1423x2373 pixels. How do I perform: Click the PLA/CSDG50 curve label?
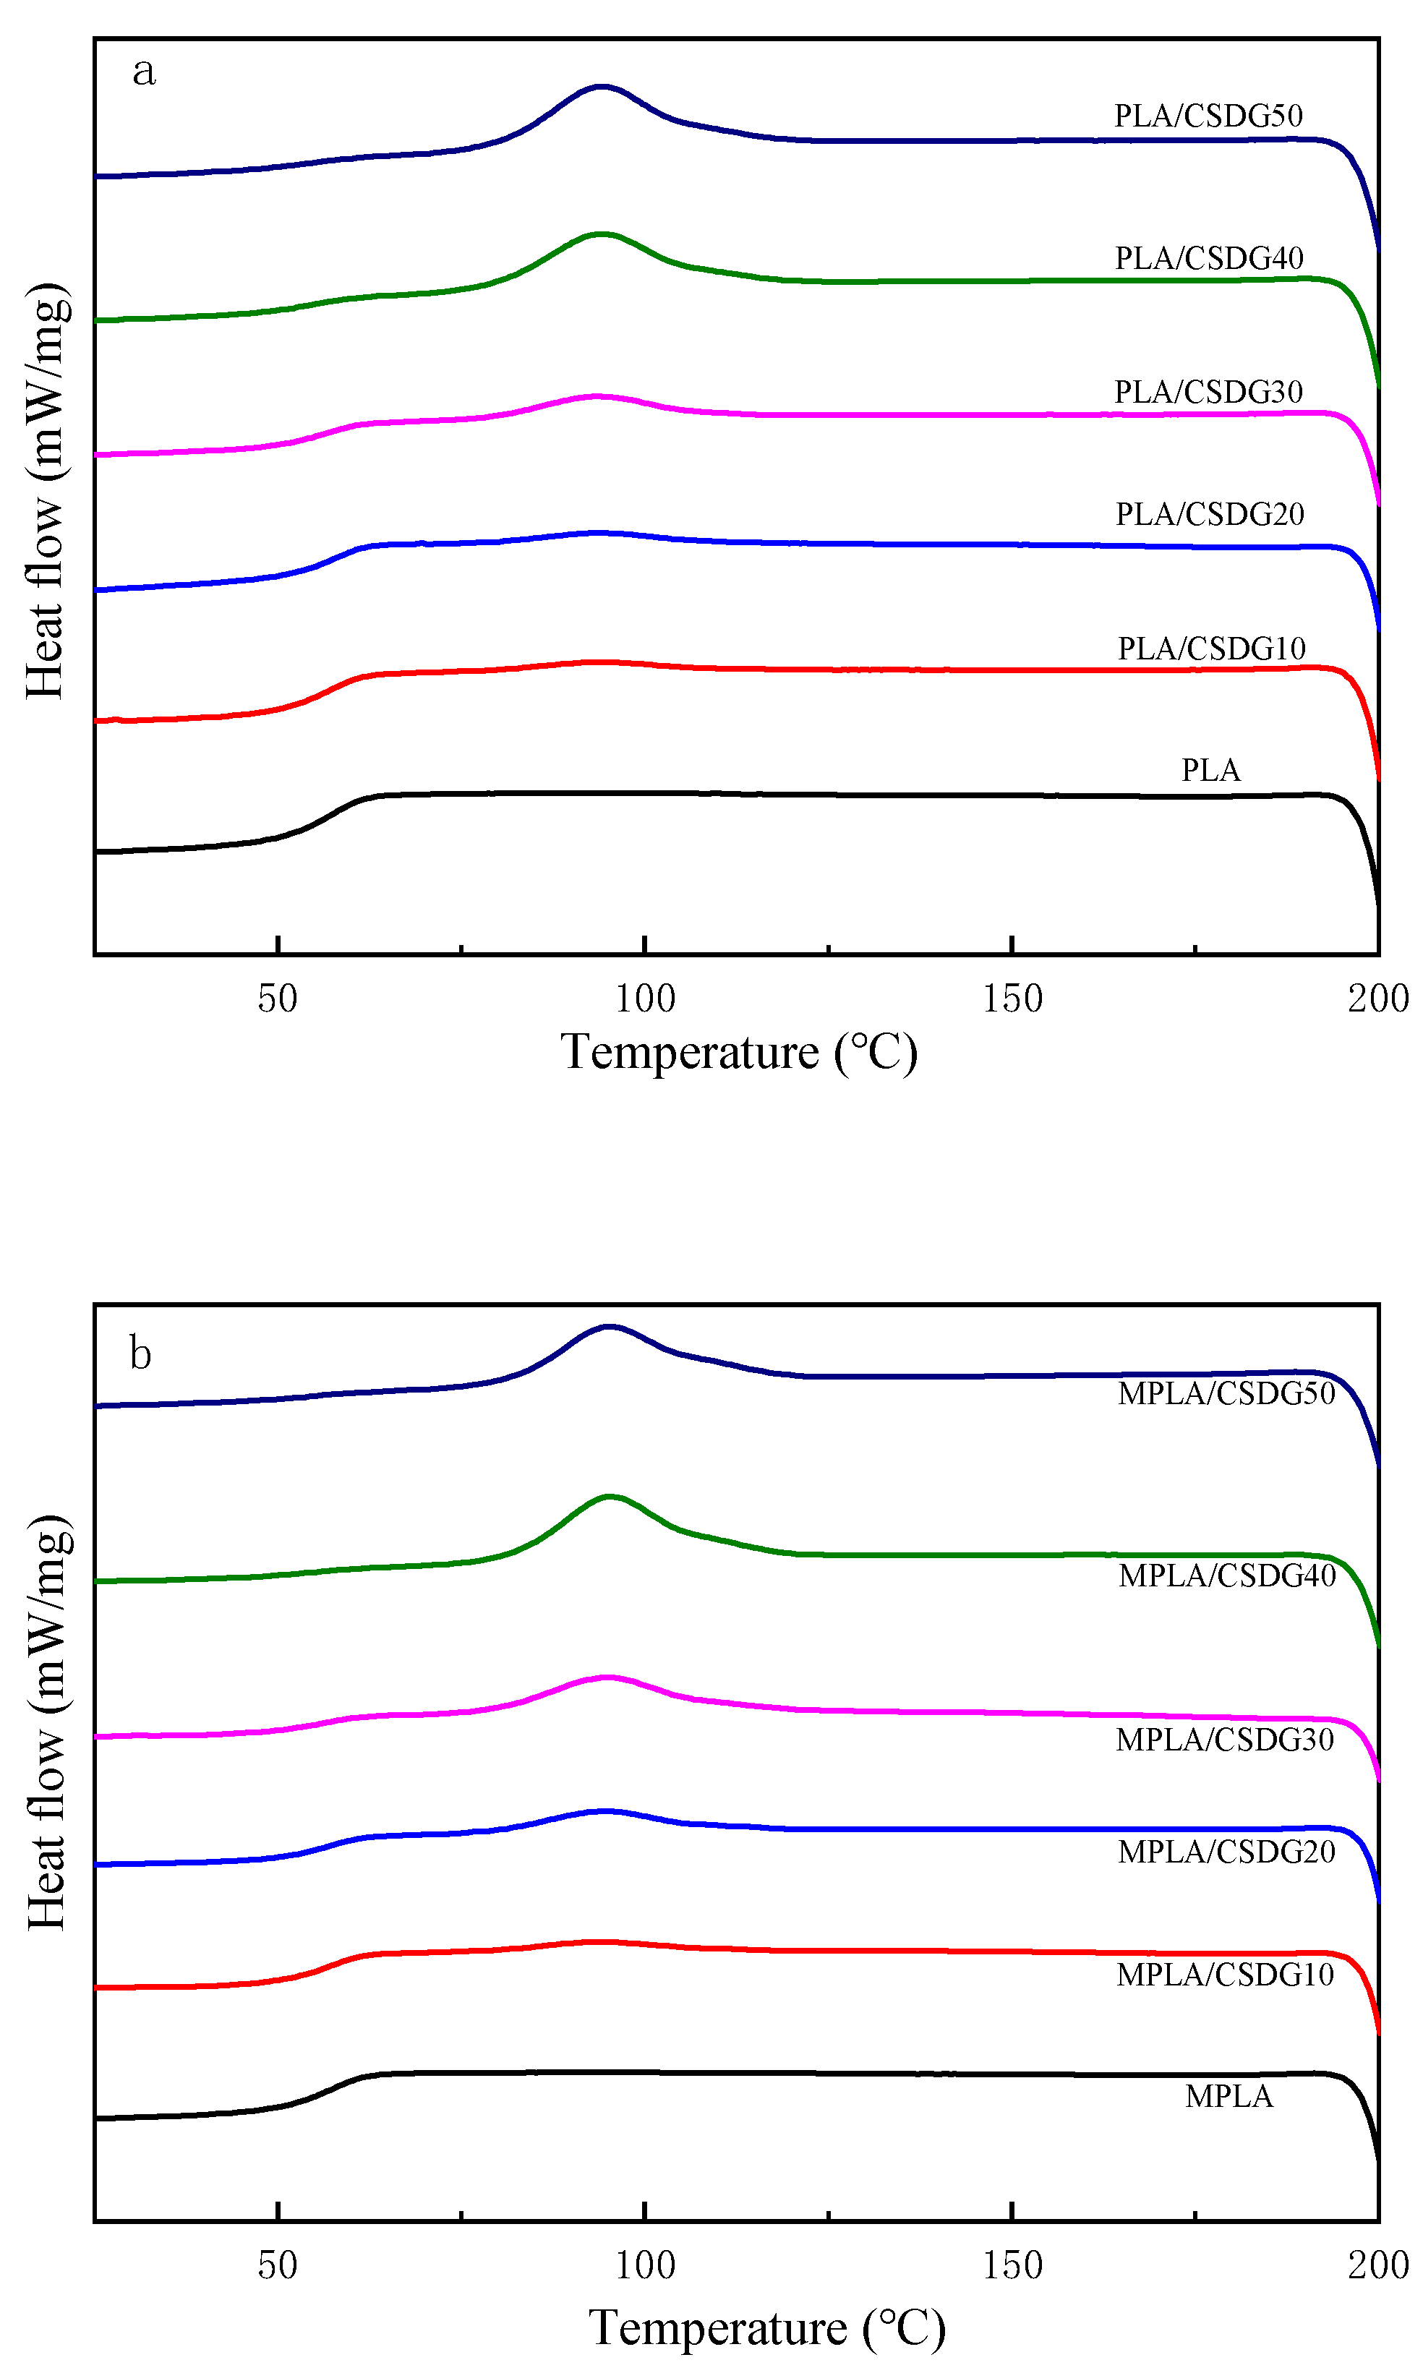pyautogui.click(x=1208, y=116)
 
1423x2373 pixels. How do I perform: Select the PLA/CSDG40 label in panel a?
pyautogui.click(x=1208, y=258)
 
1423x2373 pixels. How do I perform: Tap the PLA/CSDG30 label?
pyautogui.click(x=1208, y=391)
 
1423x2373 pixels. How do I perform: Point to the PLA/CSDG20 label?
pyautogui.click(x=1209, y=514)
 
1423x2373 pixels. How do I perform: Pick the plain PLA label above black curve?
pyautogui.click(x=1210, y=770)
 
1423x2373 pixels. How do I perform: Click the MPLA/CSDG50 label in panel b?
pyautogui.click(x=1226, y=1393)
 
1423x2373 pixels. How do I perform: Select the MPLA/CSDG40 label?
pyautogui.click(x=1226, y=1575)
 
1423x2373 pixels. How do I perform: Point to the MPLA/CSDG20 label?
pyautogui.click(x=1226, y=1852)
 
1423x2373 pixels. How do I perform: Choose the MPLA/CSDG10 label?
pyautogui.click(x=1224, y=1974)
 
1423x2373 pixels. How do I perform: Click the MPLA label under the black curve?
pyautogui.click(x=1228, y=2096)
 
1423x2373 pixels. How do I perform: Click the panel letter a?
pyautogui.click(x=144, y=72)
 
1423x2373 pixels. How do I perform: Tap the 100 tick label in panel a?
pyautogui.click(x=644, y=999)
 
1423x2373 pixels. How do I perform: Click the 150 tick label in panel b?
pyautogui.click(x=1012, y=2265)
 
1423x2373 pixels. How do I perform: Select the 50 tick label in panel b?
pyautogui.click(x=277, y=2265)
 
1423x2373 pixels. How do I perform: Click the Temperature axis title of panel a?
pyautogui.click(x=738, y=1053)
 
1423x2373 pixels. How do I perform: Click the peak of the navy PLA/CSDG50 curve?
pyautogui.click(x=601, y=86)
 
